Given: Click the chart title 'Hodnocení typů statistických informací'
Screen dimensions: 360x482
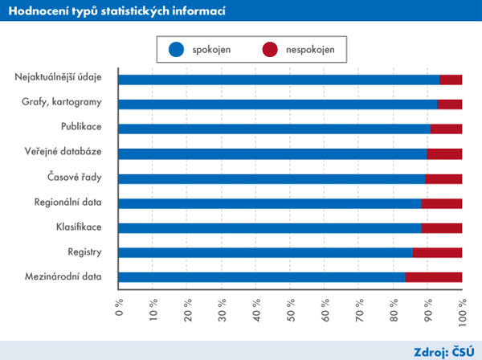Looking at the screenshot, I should (116, 11).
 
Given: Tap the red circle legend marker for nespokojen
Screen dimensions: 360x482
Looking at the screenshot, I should (268, 50).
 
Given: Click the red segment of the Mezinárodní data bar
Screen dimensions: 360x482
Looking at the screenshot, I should (433, 277).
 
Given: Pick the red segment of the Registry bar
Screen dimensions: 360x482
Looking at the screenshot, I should (437, 252).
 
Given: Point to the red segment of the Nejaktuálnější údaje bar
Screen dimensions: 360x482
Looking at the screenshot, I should (451, 79).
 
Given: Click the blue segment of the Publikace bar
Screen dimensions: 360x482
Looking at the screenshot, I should (274, 129).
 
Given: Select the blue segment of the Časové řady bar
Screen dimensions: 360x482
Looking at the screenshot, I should (272, 178).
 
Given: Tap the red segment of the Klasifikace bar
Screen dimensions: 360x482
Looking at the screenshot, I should (441, 228).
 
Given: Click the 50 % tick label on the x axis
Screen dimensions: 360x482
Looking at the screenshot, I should (290, 309).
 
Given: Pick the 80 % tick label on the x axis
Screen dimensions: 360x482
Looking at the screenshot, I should (393, 309).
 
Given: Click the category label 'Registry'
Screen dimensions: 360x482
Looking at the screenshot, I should (84, 252).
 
